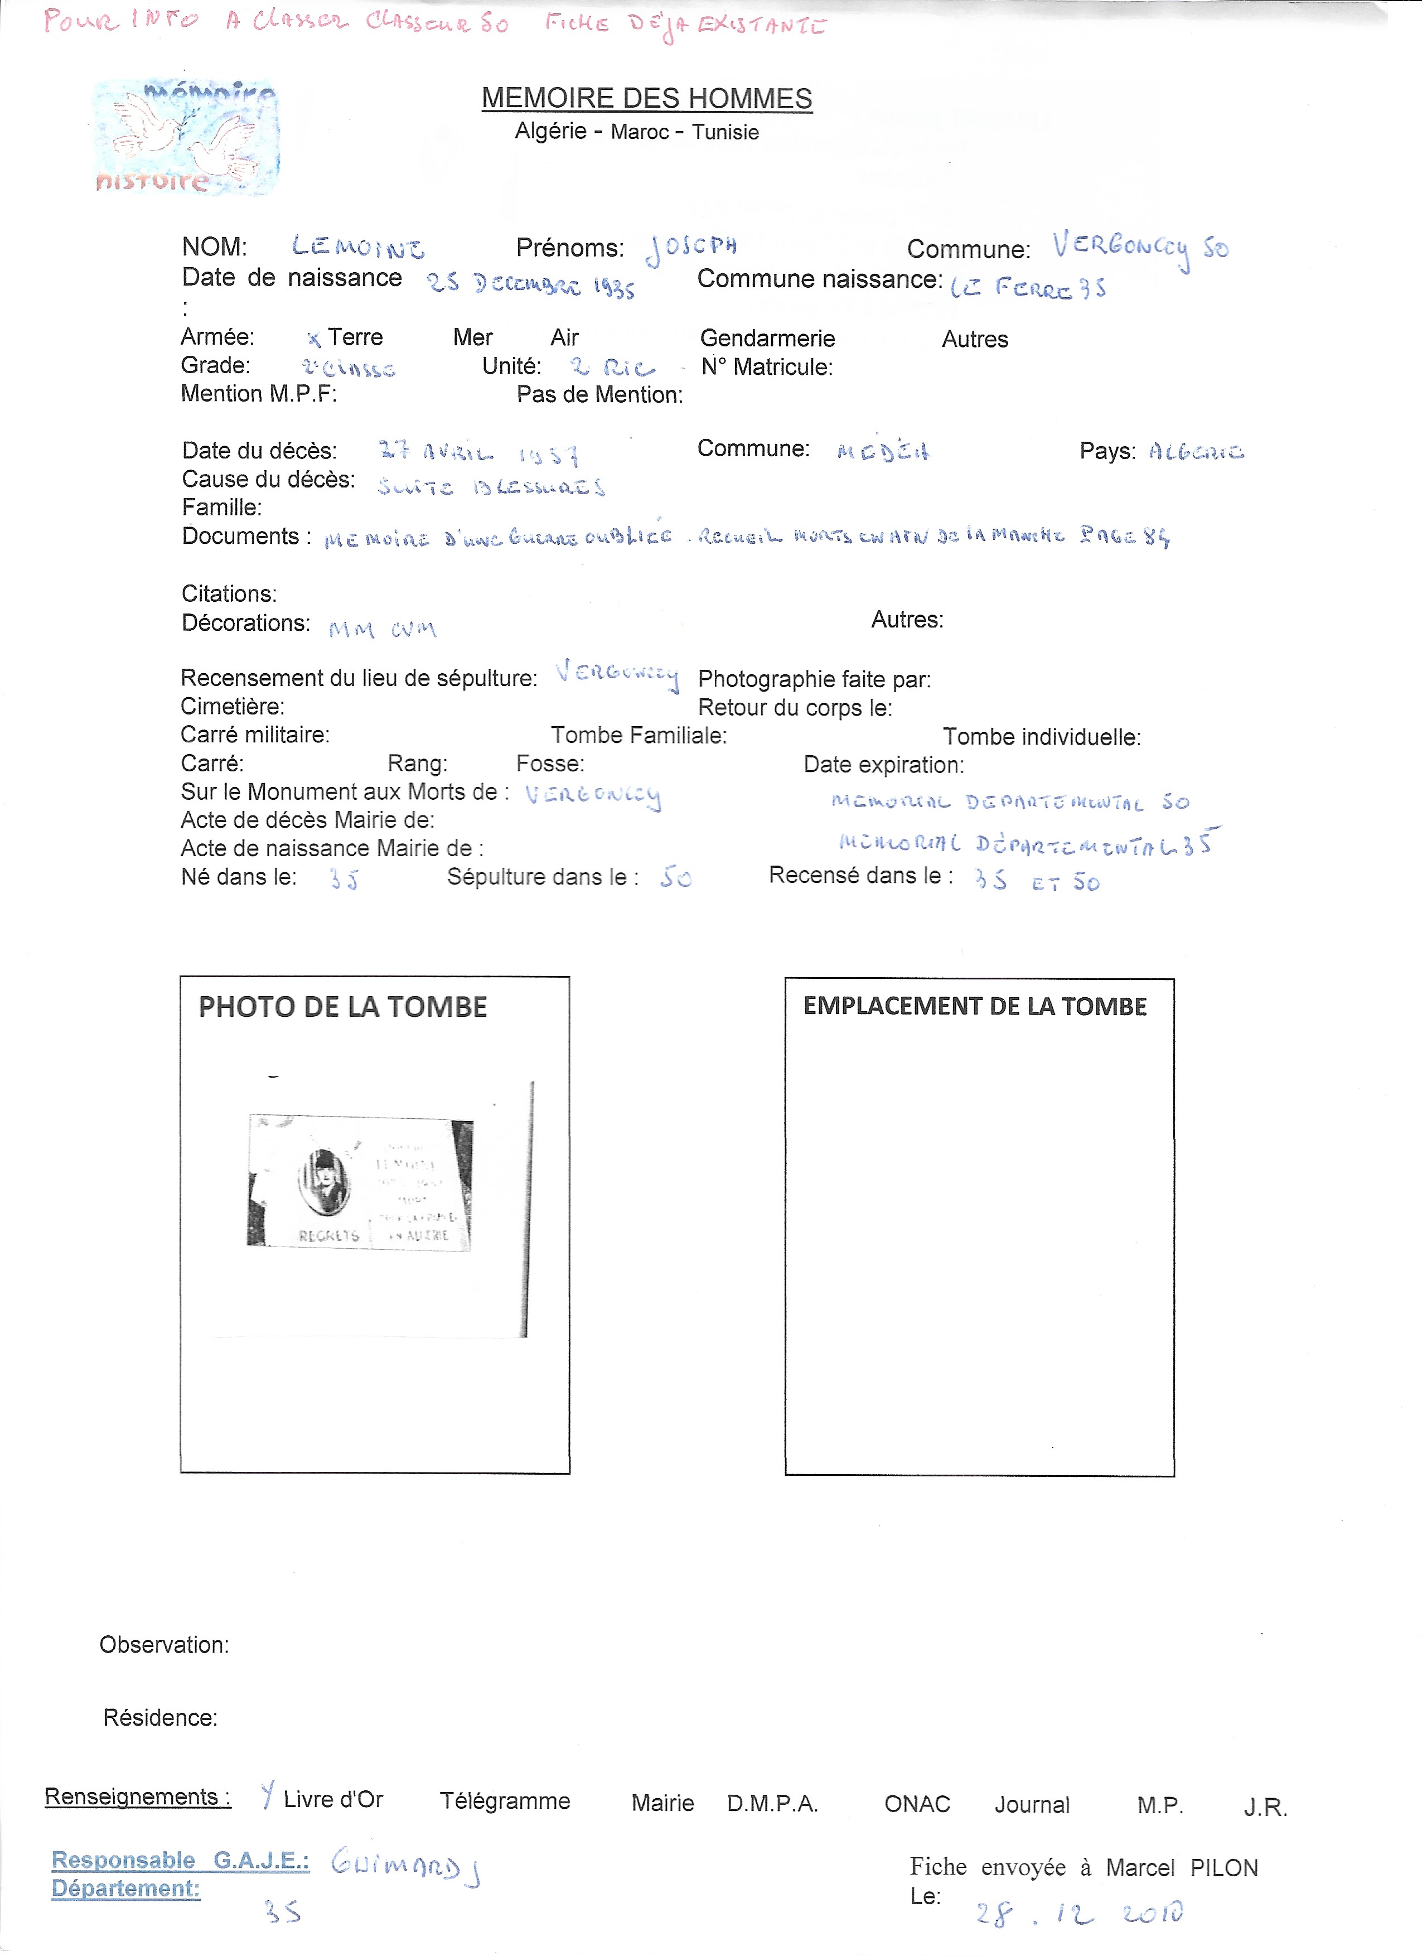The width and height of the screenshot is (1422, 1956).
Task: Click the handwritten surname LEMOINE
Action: pos(358,248)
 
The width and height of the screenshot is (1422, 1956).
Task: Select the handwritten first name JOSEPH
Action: pos(691,248)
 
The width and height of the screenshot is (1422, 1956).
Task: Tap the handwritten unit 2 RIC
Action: pos(612,368)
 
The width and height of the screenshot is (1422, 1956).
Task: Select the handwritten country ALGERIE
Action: pos(1196,452)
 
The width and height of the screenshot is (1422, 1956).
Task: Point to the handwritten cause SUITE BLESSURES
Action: pos(491,487)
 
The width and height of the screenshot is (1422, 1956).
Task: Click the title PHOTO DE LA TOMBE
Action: pos(342,1007)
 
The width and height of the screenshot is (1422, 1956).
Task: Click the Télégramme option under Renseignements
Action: pos(505,1801)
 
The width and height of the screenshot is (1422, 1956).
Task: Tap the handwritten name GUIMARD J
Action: pos(405,1867)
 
